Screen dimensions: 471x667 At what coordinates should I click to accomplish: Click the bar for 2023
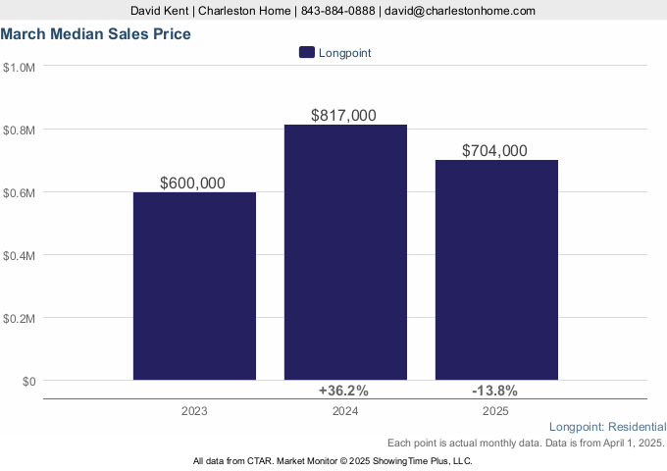194,286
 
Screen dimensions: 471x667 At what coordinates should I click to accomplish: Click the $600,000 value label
194,183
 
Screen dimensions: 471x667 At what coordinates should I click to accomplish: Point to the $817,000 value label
343,115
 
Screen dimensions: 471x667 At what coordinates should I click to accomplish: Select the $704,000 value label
495,150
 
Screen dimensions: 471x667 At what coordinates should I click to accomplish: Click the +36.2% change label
343,391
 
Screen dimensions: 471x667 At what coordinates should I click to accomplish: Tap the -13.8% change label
495,391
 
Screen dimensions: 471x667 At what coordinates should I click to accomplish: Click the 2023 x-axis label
194,411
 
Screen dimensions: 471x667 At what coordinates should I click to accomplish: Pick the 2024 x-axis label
345,411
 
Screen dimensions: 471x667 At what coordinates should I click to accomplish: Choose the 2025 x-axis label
496,411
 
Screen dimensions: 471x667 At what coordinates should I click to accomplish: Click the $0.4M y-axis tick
19,255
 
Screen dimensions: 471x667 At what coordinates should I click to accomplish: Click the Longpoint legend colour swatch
307,53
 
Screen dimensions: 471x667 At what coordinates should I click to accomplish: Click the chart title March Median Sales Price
95,33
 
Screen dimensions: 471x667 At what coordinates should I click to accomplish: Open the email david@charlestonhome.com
460,10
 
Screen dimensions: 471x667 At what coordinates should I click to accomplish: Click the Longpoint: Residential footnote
608,427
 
